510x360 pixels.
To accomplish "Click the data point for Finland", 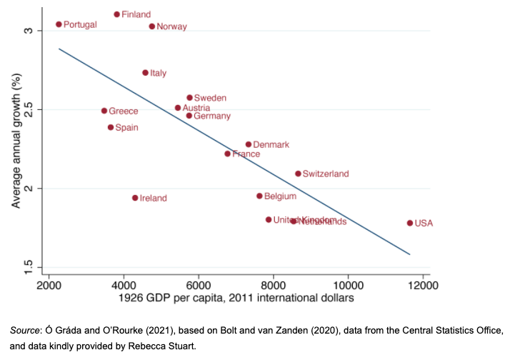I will pyautogui.click(x=117, y=14).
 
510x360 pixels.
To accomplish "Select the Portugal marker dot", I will pyautogui.click(x=59, y=24).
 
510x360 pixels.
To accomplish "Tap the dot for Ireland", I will pyautogui.click(x=135, y=198).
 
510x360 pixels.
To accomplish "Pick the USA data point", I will pyautogui.click(x=410, y=223).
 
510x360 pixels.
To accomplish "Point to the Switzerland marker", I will pyautogui.click(x=298, y=174).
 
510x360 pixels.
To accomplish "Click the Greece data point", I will pyautogui.click(x=104, y=111).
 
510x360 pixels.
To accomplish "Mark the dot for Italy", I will pyautogui.click(x=146, y=73).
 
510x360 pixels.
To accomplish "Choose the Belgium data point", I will pyautogui.click(x=260, y=196).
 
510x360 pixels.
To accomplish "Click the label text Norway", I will pyautogui.click(x=171, y=27).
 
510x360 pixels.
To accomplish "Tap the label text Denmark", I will pyautogui.click(x=271, y=145).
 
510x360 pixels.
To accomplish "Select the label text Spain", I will pyautogui.click(x=126, y=128).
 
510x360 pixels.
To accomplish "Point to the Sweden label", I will pyautogui.click(x=210, y=98).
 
